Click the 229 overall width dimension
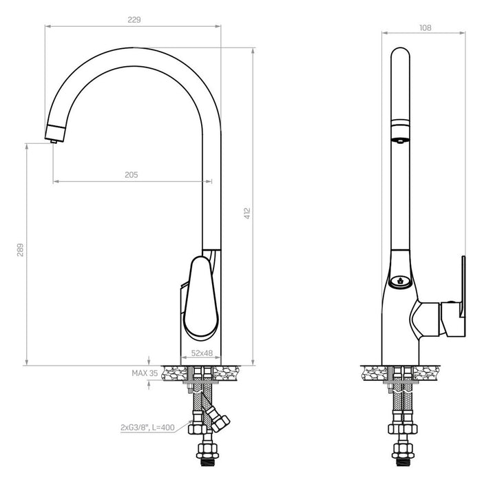click(134, 20)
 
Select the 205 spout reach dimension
click(131, 175)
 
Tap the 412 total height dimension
click(247, 214)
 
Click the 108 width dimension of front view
click(425, 28)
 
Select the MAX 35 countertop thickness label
click(145, 373)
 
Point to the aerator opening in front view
click(399, 140)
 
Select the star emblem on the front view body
click(399, 280)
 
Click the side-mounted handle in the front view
click(453, 296)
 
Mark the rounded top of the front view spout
click(399, 52)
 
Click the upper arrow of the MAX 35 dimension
click(149, 359)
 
